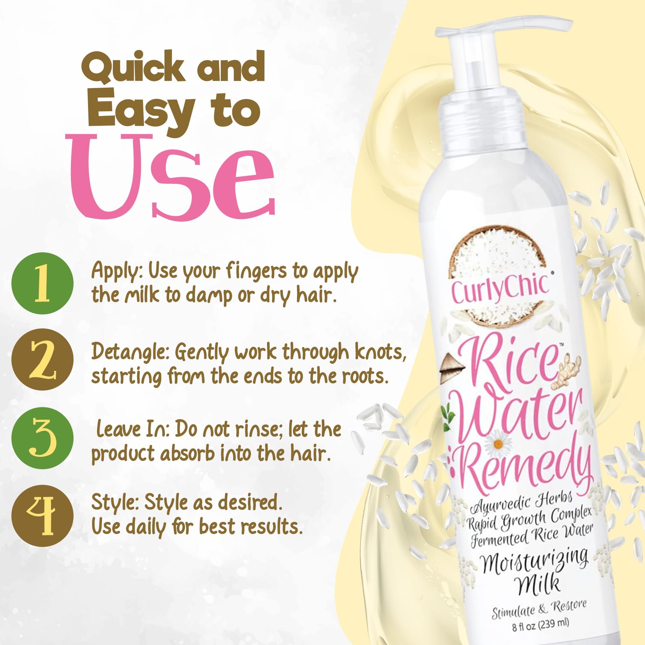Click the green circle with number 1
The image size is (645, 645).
point(42,283)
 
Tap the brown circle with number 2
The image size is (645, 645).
point(42,359)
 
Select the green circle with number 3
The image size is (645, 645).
point(42,438)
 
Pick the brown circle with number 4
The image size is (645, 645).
point(42,516)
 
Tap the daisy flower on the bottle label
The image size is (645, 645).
point(499,443)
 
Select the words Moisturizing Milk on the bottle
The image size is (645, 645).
point(536,573)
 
